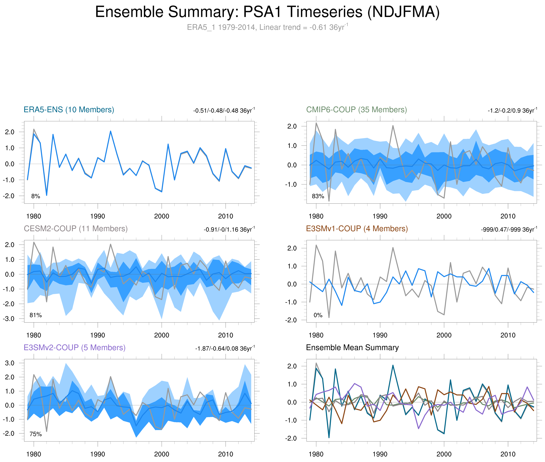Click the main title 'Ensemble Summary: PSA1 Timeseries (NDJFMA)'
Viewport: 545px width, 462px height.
coord(267,12)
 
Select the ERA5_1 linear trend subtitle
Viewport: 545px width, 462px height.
coord(267,27)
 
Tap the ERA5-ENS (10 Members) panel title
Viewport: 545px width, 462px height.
coord(69,110)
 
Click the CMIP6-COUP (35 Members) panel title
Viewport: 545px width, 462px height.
coord(356,110)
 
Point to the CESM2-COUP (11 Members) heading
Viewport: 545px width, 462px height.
coord(76,229)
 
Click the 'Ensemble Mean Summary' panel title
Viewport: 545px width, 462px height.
coord(352,348)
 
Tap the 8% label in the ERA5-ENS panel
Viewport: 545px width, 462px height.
coord(36,196)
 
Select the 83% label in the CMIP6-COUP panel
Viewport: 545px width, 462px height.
coord(318,196)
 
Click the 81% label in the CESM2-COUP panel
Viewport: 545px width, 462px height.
coord(36,315)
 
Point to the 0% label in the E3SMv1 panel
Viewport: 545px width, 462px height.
coord(318,315)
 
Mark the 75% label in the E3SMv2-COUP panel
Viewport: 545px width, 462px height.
coord(36,434)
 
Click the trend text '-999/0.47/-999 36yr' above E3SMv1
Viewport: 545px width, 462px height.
coord(509,230)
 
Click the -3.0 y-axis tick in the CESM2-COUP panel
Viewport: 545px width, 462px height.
coord(9,319)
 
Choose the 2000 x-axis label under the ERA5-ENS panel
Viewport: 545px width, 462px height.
coord(161,216)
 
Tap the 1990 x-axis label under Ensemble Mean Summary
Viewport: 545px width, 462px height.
coord(380,454)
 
